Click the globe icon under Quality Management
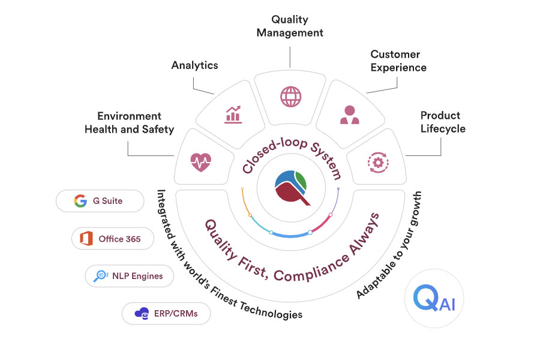coord(290,97)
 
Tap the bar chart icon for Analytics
coord(233,115)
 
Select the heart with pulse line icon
coord(201,162)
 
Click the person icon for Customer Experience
coord(350,115)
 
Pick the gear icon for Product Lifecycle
coord(378,162)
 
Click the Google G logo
coord(80,201)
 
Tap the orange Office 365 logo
coord(86,238)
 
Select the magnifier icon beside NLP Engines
coord(101,276)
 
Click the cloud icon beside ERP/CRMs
coord(142,313)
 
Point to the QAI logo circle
coord(434,298)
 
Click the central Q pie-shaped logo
coord(292,187)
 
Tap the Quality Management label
coord(290,26)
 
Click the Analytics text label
coord(195,65)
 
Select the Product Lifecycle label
coord(443,122)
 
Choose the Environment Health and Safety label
coord(129,122)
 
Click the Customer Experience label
coord(398,61)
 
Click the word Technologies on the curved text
coord(271,310)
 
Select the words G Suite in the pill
coord(108,201)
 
